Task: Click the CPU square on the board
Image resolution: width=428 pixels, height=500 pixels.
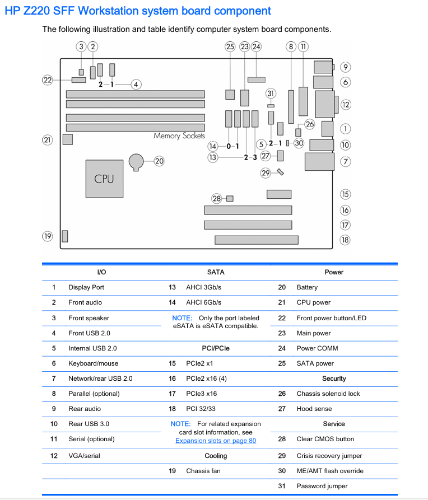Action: (104, 179)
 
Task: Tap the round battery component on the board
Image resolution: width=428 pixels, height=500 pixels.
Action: (136, 162)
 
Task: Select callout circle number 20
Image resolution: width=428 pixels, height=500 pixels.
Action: (159, 161)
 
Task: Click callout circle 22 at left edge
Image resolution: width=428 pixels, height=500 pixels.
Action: (47, 80)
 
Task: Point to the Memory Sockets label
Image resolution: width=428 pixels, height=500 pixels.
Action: (179, 136)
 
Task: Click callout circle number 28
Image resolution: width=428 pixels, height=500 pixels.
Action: (216, 199)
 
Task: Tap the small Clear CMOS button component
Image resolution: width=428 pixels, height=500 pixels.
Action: (230, 199)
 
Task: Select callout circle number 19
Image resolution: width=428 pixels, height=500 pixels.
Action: (47, 236)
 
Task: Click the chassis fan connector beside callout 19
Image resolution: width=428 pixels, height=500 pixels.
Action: (65, 236)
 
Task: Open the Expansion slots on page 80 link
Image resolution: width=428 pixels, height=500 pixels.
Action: (216, 441)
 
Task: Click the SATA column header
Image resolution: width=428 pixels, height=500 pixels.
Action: (216, 272)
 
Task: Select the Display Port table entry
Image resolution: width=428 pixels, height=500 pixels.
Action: (86, 287)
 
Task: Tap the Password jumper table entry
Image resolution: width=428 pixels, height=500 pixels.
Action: (322, 486)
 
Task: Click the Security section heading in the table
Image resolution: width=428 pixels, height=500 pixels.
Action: (334, 378)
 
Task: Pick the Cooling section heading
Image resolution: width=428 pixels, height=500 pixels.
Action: (216, 456)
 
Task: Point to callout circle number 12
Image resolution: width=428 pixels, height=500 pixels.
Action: (346, 105)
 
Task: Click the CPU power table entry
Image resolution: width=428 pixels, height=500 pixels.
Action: (313, 302)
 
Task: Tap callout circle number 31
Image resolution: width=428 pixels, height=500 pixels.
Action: (271, 94)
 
